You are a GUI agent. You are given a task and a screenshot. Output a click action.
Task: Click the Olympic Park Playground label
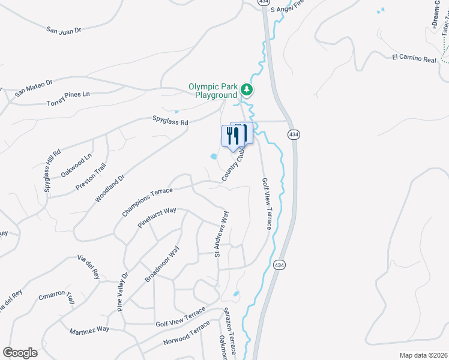click(x=213, y=91)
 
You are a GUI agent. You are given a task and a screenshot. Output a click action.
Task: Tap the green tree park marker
click(x=246, y=90)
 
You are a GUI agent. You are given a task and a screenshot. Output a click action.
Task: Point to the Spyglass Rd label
click(x=170, y=122)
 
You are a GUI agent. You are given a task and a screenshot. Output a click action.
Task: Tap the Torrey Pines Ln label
click(x=68, y=99)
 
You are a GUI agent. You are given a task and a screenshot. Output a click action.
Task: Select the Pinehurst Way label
click(x=157, y=218)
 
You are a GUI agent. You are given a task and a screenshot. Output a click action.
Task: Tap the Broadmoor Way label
click(x=162, y=264)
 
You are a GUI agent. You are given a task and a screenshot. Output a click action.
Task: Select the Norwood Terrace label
click(x=187, y=337)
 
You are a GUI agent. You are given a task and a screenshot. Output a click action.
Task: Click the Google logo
click(x=20, y=353)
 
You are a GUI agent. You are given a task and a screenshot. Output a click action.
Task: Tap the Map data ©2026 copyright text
click(x=423, y=355)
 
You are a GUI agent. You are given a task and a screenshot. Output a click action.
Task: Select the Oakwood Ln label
click(x=76, y=166)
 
